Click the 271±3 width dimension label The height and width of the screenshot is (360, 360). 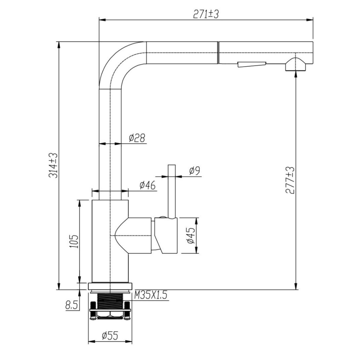pos(205,14)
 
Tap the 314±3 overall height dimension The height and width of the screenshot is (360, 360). pos(53,166)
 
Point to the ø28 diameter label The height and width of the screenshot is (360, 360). pos(137,138)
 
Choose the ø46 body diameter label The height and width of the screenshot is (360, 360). pos(147,185)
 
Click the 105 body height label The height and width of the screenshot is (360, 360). pos(74,241)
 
